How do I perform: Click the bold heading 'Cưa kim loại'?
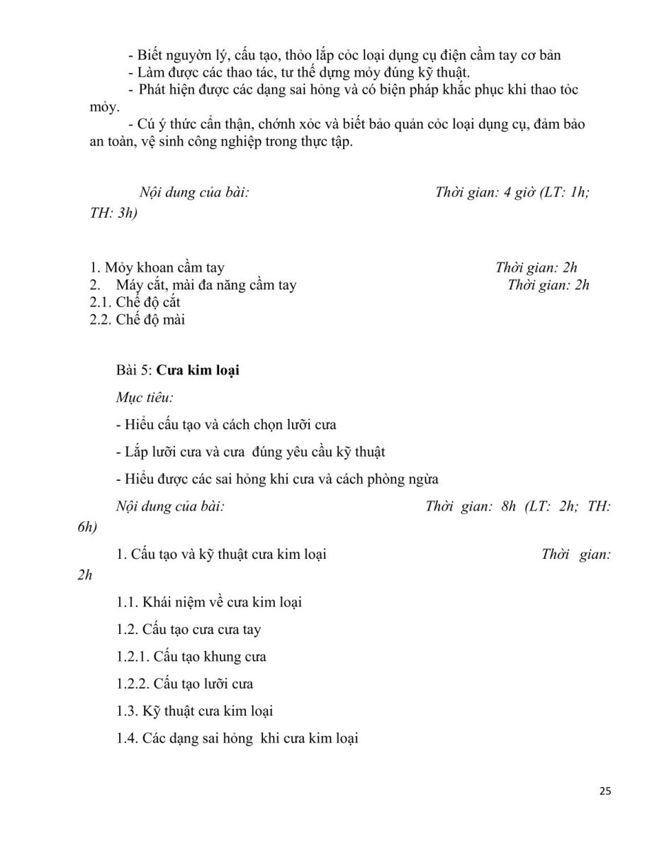pos(198,369)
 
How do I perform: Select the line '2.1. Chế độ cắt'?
pos(135,302)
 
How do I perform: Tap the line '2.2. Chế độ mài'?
pos(137,319)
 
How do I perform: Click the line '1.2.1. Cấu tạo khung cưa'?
pos(191,657)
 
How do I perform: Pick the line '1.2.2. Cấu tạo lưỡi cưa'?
pos(184,684)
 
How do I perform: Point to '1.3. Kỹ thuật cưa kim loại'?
pos(195,711)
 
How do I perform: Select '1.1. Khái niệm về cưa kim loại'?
pos(209,602)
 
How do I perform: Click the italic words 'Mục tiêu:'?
pos(145,397)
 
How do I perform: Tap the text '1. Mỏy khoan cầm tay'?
pos(157,267)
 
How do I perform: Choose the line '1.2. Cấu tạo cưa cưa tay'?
pos(189,629)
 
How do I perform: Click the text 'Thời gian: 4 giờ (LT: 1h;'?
pos(512,192)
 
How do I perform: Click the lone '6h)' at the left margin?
pos(87,527)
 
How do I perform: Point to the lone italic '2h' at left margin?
pos(84,575)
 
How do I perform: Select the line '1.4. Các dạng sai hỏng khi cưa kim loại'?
pos(237,738)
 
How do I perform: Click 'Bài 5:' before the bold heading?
pos(135,369)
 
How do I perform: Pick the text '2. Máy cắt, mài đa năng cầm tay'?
pos(193,285)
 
